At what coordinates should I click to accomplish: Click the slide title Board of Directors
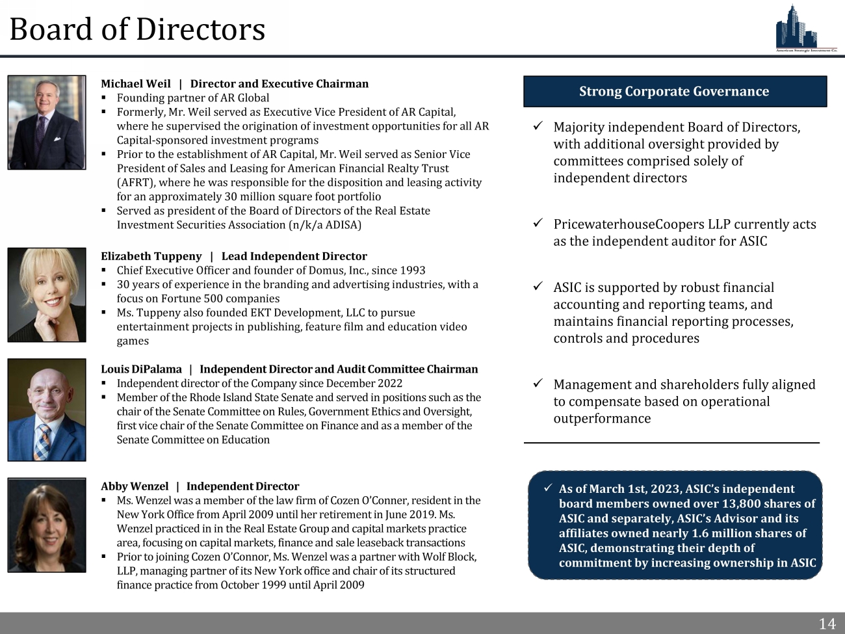137,29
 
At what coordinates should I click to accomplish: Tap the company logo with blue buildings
805,28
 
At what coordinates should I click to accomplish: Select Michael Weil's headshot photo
47,122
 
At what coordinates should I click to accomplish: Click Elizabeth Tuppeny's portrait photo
47,295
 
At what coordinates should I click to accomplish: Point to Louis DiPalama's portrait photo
47,410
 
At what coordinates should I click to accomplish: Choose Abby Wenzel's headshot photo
47,525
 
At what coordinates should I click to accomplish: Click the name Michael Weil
136,84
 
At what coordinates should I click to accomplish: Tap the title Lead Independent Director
294,256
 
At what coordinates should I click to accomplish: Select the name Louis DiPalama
141,369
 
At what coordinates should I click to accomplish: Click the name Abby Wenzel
135,486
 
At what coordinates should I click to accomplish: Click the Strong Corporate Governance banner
675,92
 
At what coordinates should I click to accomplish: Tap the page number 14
827,624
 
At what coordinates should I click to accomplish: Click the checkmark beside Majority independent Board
538,126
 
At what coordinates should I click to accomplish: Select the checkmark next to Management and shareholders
538,384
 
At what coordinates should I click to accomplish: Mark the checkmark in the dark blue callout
548,488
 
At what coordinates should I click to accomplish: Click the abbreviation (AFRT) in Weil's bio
134,183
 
